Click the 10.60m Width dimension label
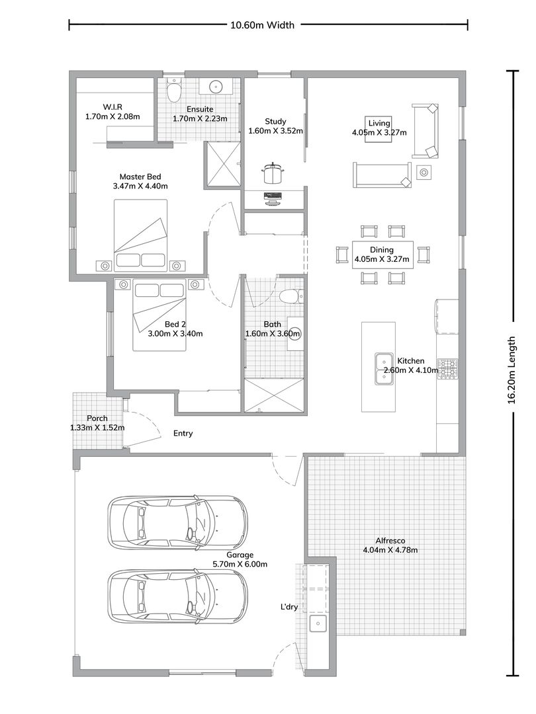coord(262,25)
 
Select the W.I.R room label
coord(112,107)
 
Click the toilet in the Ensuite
coord(173,91)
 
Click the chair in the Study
coord(273,173)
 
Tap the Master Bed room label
coord(140,177)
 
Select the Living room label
coord(379,123)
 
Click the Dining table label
coord(382,249)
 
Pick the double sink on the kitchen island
coord(384,368)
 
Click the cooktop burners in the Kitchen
coord(447,369)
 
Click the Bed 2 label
coord(175,324)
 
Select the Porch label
coord(97,418)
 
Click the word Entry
coord(183,434)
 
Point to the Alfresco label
coord(390,541)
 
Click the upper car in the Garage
coord(178,520)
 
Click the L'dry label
coord(289,607)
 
